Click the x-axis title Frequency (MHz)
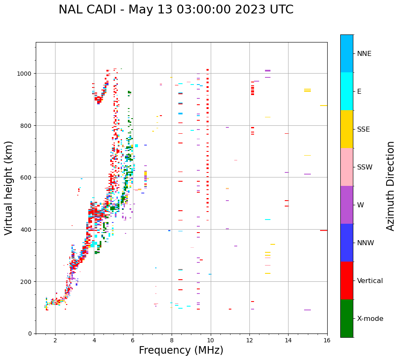181,350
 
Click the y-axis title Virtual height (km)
9,188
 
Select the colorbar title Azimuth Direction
391,186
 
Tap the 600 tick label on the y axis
27,177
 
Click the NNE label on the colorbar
364,54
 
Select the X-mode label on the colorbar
370,319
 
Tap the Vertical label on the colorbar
370,281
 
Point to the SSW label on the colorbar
365,167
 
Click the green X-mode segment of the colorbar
347,318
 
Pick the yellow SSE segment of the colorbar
347,129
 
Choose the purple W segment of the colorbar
347,205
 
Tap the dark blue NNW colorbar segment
347,243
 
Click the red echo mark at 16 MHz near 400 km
323,230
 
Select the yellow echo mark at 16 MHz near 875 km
323,106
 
